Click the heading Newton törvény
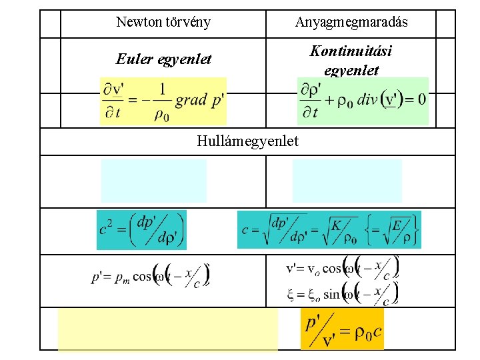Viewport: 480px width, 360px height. [x=163, y=22]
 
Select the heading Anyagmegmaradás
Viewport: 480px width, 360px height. [x=351, y=23]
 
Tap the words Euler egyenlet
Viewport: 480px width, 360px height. [x=164, y=59]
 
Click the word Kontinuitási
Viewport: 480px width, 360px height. [x=351, y=51]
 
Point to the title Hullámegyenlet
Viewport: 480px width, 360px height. [x=248, y=141]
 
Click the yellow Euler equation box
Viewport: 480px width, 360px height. [x=163, y=101]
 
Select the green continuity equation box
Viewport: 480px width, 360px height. [x=362, y=101]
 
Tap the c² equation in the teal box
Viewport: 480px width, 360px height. [x=141, y=230]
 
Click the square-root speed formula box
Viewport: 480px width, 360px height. [x=330, y=230]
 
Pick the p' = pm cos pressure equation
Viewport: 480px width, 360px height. [x=151, y=274]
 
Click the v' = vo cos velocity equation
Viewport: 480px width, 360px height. [x=342, y=268]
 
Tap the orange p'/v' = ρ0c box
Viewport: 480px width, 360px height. [x=343, y=329]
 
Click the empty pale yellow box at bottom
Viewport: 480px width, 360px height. [x=167, y=329]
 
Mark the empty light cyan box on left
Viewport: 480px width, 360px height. [x=153, y=180]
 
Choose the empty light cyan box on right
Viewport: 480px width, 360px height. [x=347, y=180]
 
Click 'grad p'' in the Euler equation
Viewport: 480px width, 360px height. [x=199, y=101]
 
